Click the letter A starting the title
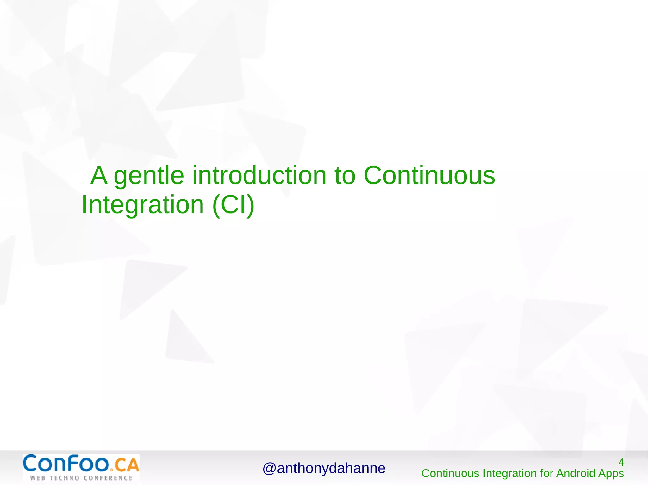[99, 175]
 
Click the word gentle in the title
[149, 176]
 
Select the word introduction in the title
[259, 175]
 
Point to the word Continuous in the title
[429, 175]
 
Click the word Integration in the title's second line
[143, 205]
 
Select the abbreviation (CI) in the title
[234, 205]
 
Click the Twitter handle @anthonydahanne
[324, 468]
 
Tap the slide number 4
[621, 462]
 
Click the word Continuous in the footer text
[450, 473]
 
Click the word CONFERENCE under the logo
[108, 478]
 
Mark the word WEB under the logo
[38, 478]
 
